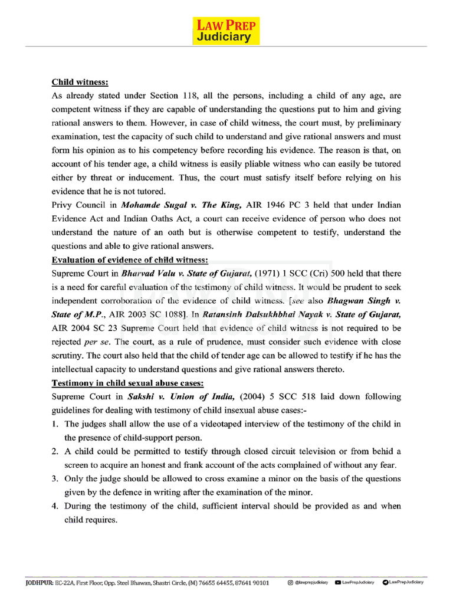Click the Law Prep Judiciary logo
(x=226, y=31)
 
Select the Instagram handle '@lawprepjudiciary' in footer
(x=310, y=582)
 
